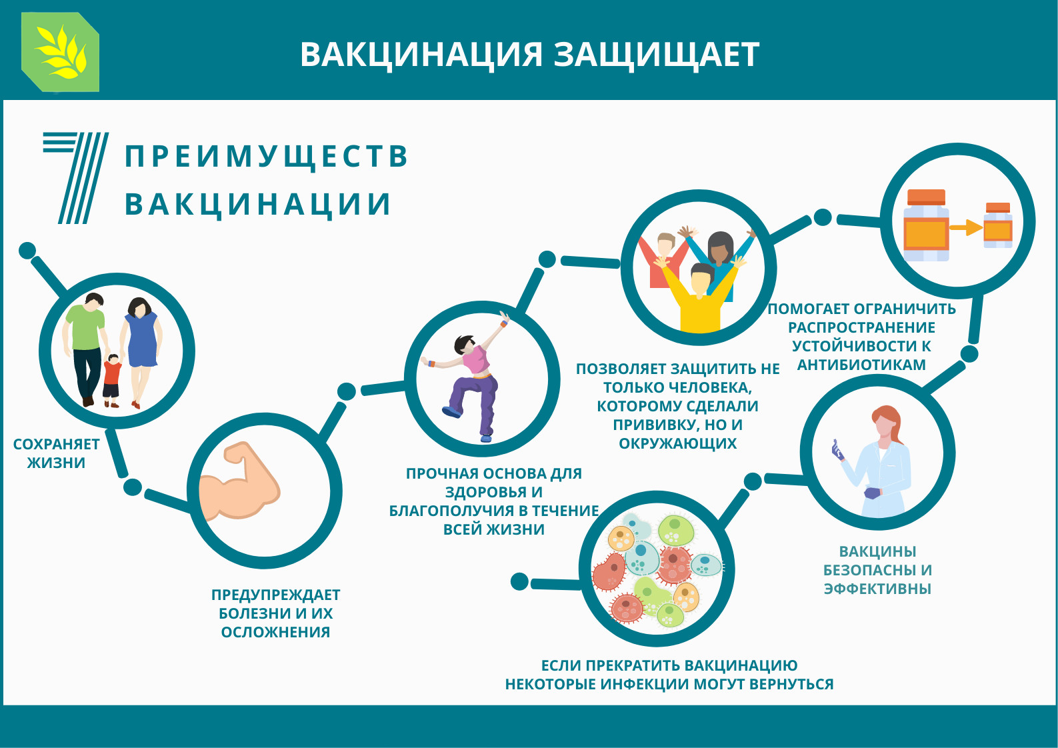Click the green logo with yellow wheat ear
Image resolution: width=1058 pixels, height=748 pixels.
(x=61, y=52)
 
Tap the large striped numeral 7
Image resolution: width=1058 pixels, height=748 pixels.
(x=76, y=178)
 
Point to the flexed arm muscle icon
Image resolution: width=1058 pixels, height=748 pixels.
(x=239, y=481)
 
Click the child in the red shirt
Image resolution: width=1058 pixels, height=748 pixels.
(x=112, y=381)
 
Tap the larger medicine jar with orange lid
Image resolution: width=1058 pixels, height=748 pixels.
(x=926, y=225)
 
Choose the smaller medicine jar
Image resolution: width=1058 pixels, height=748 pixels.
(x=997, y=225)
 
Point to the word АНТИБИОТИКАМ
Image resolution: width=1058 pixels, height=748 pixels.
(x=861, y=365)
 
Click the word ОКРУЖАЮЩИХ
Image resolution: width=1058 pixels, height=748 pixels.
(x=678, y=443)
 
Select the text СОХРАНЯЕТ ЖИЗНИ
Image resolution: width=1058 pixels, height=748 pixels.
(x=56, y=453)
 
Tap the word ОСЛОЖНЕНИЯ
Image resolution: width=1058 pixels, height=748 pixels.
(x=276, y=632)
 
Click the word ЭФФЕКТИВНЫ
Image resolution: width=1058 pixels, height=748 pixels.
(x=877, y=589)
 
